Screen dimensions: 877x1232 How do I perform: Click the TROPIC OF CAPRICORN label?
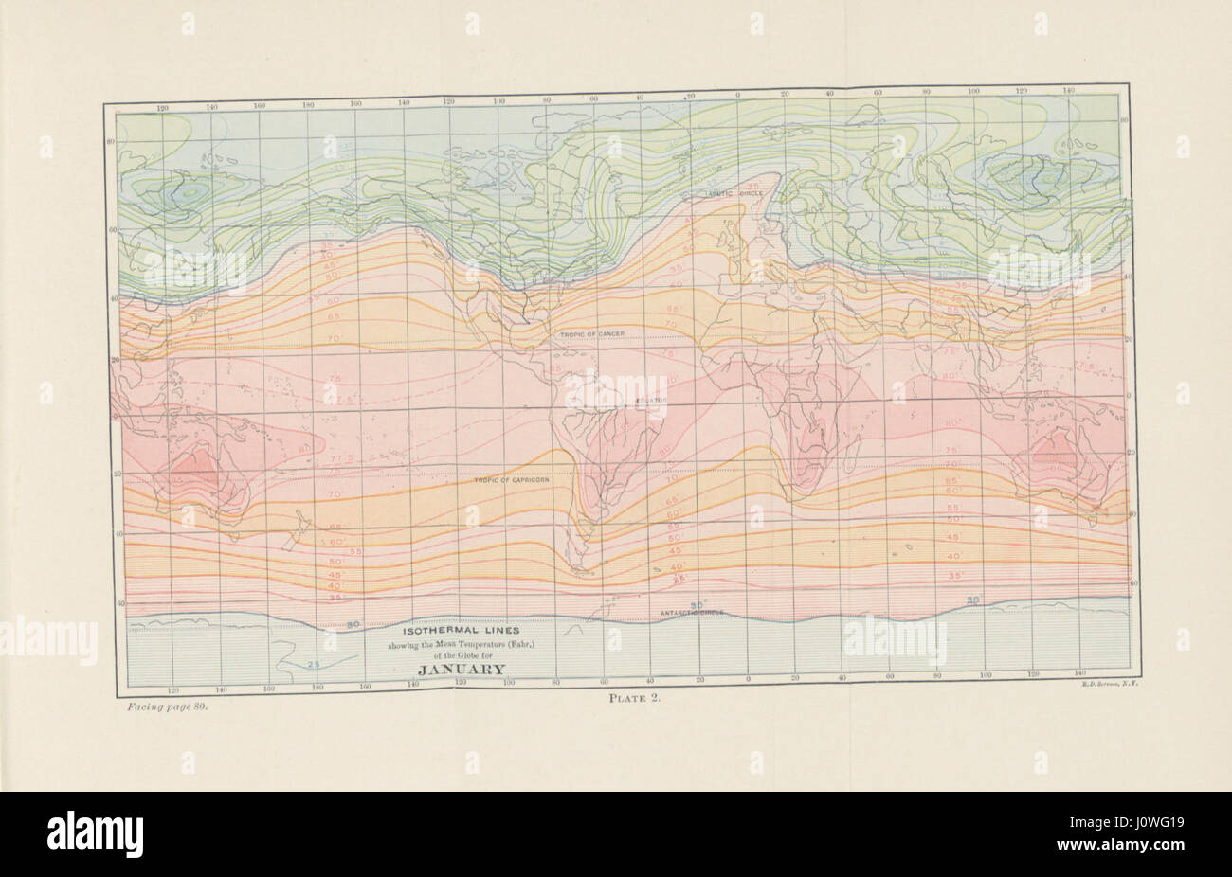(x=512, y=481)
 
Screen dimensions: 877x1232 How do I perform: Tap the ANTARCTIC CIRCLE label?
(x=692, y=613)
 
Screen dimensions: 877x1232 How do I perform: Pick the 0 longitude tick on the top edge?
(x=737, y=96)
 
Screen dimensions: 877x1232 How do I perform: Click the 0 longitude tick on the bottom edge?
(x=747, y=680)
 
